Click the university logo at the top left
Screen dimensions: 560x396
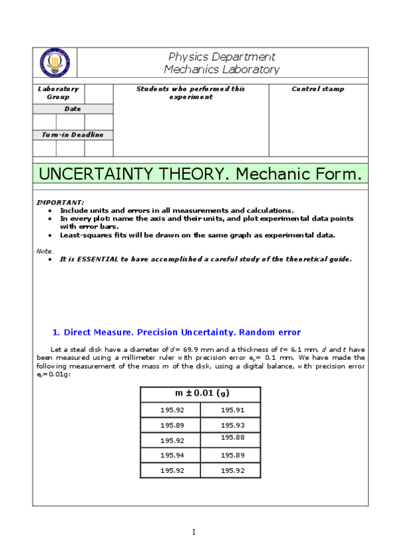[x=55, y=63]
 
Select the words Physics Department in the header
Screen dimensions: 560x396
[x=221, y=57]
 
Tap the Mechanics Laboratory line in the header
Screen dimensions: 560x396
[x=221, y=69]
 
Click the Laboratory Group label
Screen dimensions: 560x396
[x=58, y=92]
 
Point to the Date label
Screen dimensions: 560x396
[x=72, y=108]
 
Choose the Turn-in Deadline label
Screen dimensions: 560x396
[x=72, y=135]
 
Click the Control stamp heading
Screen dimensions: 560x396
[x=317, y=88]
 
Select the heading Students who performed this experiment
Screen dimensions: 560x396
[x=190, y=92]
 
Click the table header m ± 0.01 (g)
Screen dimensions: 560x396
[x=201, y=394]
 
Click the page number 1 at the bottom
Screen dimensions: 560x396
[x=194, y=532]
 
